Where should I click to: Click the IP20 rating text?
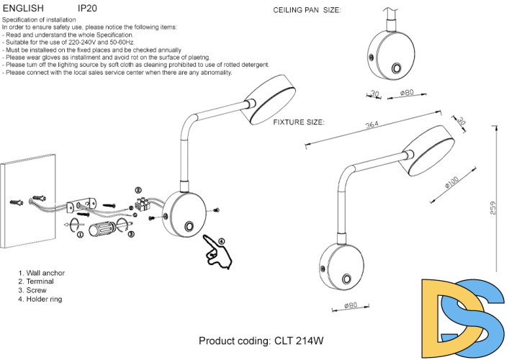coord(87,8)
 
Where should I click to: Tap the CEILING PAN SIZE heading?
coord(307,11)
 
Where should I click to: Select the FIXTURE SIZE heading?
coord(299,122)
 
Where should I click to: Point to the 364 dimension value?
coord(372,125)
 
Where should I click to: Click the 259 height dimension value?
coord(493,207)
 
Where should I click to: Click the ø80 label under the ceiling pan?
coord(408,94)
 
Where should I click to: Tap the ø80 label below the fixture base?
coord(351,305)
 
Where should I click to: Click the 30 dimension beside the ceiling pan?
coord(374,94)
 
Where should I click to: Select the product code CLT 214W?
coord(261,341)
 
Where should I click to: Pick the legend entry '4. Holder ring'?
coord(42,299)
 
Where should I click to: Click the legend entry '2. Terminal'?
coord(37,282)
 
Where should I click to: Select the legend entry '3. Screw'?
coord(34,290)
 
